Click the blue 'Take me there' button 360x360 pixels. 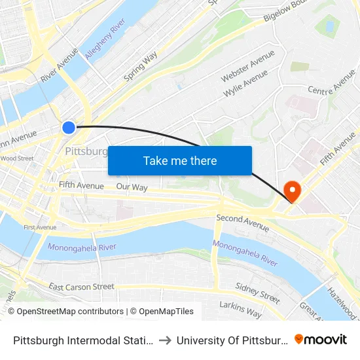pyautogui.click(x=180, y=160)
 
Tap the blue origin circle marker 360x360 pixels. pyautogui.click(x=69, y=127)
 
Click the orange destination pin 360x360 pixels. pyautogui.click(x=292, y=191)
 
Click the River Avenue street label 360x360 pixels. pyautogui.click(x=59, y=64)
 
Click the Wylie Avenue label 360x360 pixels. pyautogui.click(x=247, y=84)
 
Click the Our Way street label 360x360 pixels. pyautogui.click(x=132, y=187)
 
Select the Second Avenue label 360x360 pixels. pyautogui.click(x=242, y=223)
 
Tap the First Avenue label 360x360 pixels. pyautogui.click(x=40, y=227)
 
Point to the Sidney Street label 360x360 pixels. pyautogui.click(x=258, y=294)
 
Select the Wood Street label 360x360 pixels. pyautogui.click(x=17, y=158)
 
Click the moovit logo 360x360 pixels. pyautogui.click(x=321, y=340)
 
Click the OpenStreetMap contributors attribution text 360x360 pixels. pyautogui.click(x=66, y=312)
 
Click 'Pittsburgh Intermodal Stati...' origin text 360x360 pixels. pyautogui.click(x=83, y=340)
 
